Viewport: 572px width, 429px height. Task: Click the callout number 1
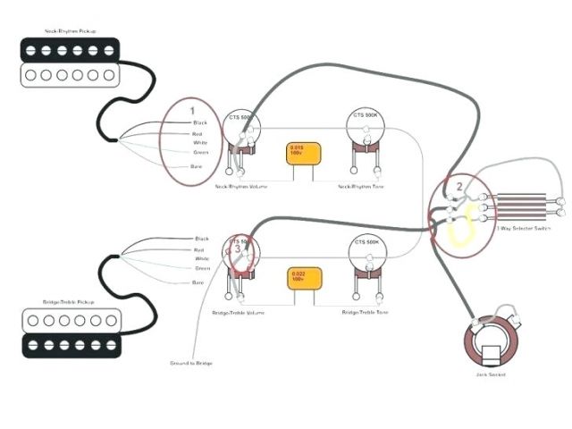(191, 110)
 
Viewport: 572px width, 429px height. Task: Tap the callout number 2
(458, 187)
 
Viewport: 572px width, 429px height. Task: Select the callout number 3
(238, 248)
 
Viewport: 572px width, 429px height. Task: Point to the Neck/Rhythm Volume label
(241, 187)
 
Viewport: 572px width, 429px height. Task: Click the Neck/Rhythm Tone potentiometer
(365, 125)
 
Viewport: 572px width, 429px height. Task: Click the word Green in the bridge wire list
(203, 268)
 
